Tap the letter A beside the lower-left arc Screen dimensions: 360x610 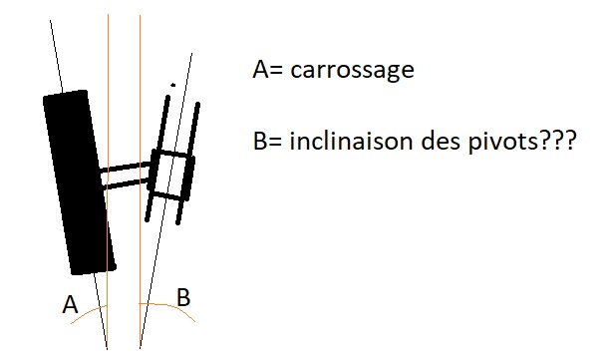(x=70, y=305)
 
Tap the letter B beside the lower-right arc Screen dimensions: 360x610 (x=184, y=296)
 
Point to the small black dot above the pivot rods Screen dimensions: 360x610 (x=173, y=85)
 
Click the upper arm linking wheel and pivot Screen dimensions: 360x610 (x=128, y=167)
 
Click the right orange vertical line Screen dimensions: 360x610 (x=141, y=100)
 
